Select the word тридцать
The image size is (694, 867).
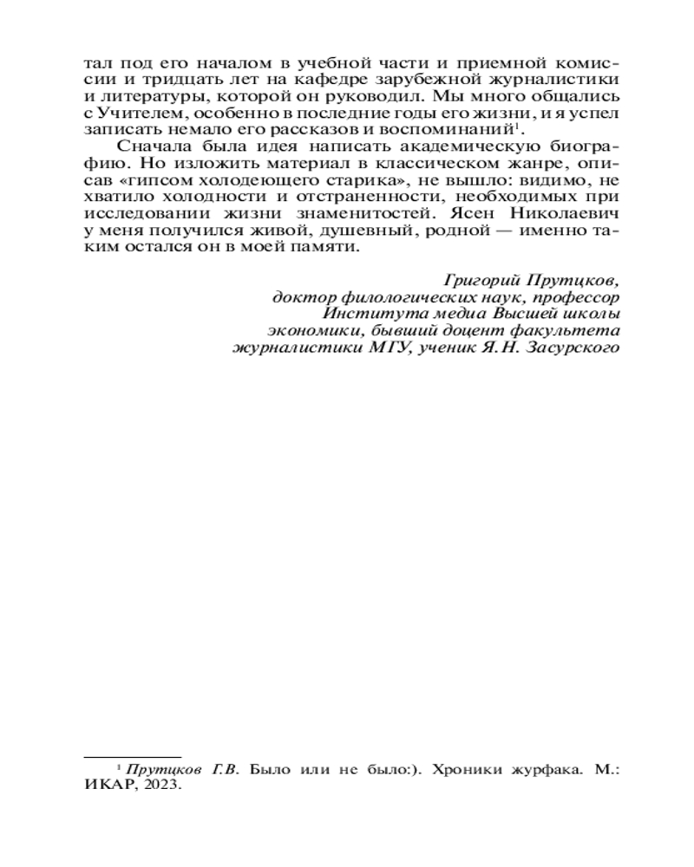tap(158, 80)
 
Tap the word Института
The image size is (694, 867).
tap(362, 313)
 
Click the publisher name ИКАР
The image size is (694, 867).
tap(110, 785)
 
